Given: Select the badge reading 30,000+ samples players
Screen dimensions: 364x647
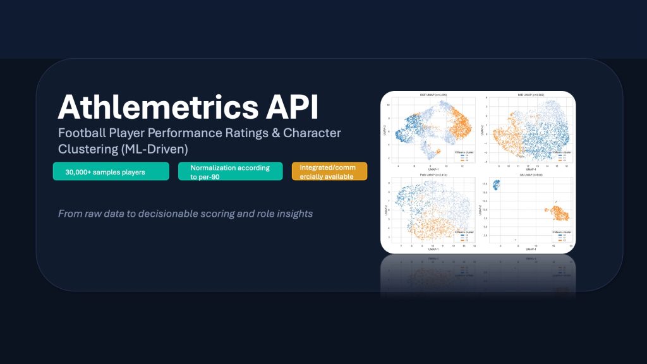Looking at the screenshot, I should pos(111,171).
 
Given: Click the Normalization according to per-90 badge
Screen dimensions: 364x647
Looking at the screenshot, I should pos(230,171).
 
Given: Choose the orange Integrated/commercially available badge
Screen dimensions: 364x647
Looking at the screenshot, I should pos(329,171).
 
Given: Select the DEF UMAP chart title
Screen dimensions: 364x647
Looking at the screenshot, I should pos(429,95).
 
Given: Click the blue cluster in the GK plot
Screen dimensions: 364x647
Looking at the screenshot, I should pos(495,185).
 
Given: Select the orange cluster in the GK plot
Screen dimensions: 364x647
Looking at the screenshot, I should pos(557,214).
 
